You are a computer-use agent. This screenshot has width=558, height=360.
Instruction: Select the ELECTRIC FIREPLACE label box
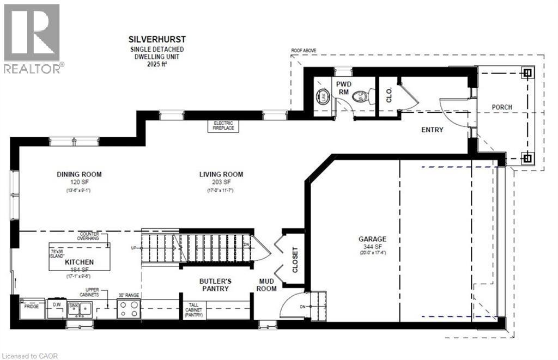223,125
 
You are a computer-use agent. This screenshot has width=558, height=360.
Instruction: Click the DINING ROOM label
80,174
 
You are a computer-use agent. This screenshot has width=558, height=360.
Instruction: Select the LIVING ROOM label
221,174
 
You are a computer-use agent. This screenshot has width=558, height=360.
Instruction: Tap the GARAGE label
372,239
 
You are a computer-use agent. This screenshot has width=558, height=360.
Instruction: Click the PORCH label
501,107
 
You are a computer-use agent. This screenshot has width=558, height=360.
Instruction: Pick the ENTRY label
432,130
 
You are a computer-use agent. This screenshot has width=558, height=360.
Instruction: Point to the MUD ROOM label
267,284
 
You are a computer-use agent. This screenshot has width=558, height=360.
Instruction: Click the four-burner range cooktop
129,309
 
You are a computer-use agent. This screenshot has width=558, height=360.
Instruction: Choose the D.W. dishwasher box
56,307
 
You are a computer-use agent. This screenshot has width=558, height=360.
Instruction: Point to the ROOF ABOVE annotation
304,51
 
